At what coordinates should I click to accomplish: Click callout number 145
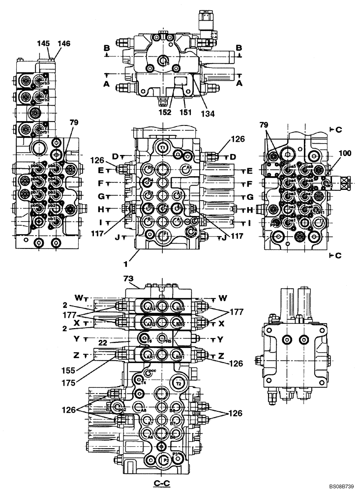[43, 44]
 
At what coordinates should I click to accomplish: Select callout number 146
[63, 44]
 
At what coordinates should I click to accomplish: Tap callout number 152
[165, 112]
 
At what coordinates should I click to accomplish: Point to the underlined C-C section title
[162, 483]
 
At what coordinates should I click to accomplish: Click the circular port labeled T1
[163, 146]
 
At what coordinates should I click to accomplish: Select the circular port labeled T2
[179, 383]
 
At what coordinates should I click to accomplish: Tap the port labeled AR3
[151, 308]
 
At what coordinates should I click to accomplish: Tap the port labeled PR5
[167, 339]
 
